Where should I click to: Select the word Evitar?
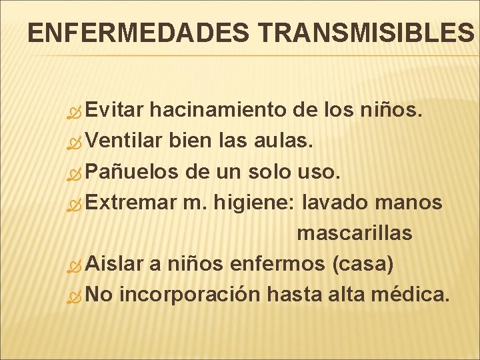pos(114,110)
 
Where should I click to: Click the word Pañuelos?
pos(132,172)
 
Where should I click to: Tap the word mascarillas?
pos(354,233)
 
